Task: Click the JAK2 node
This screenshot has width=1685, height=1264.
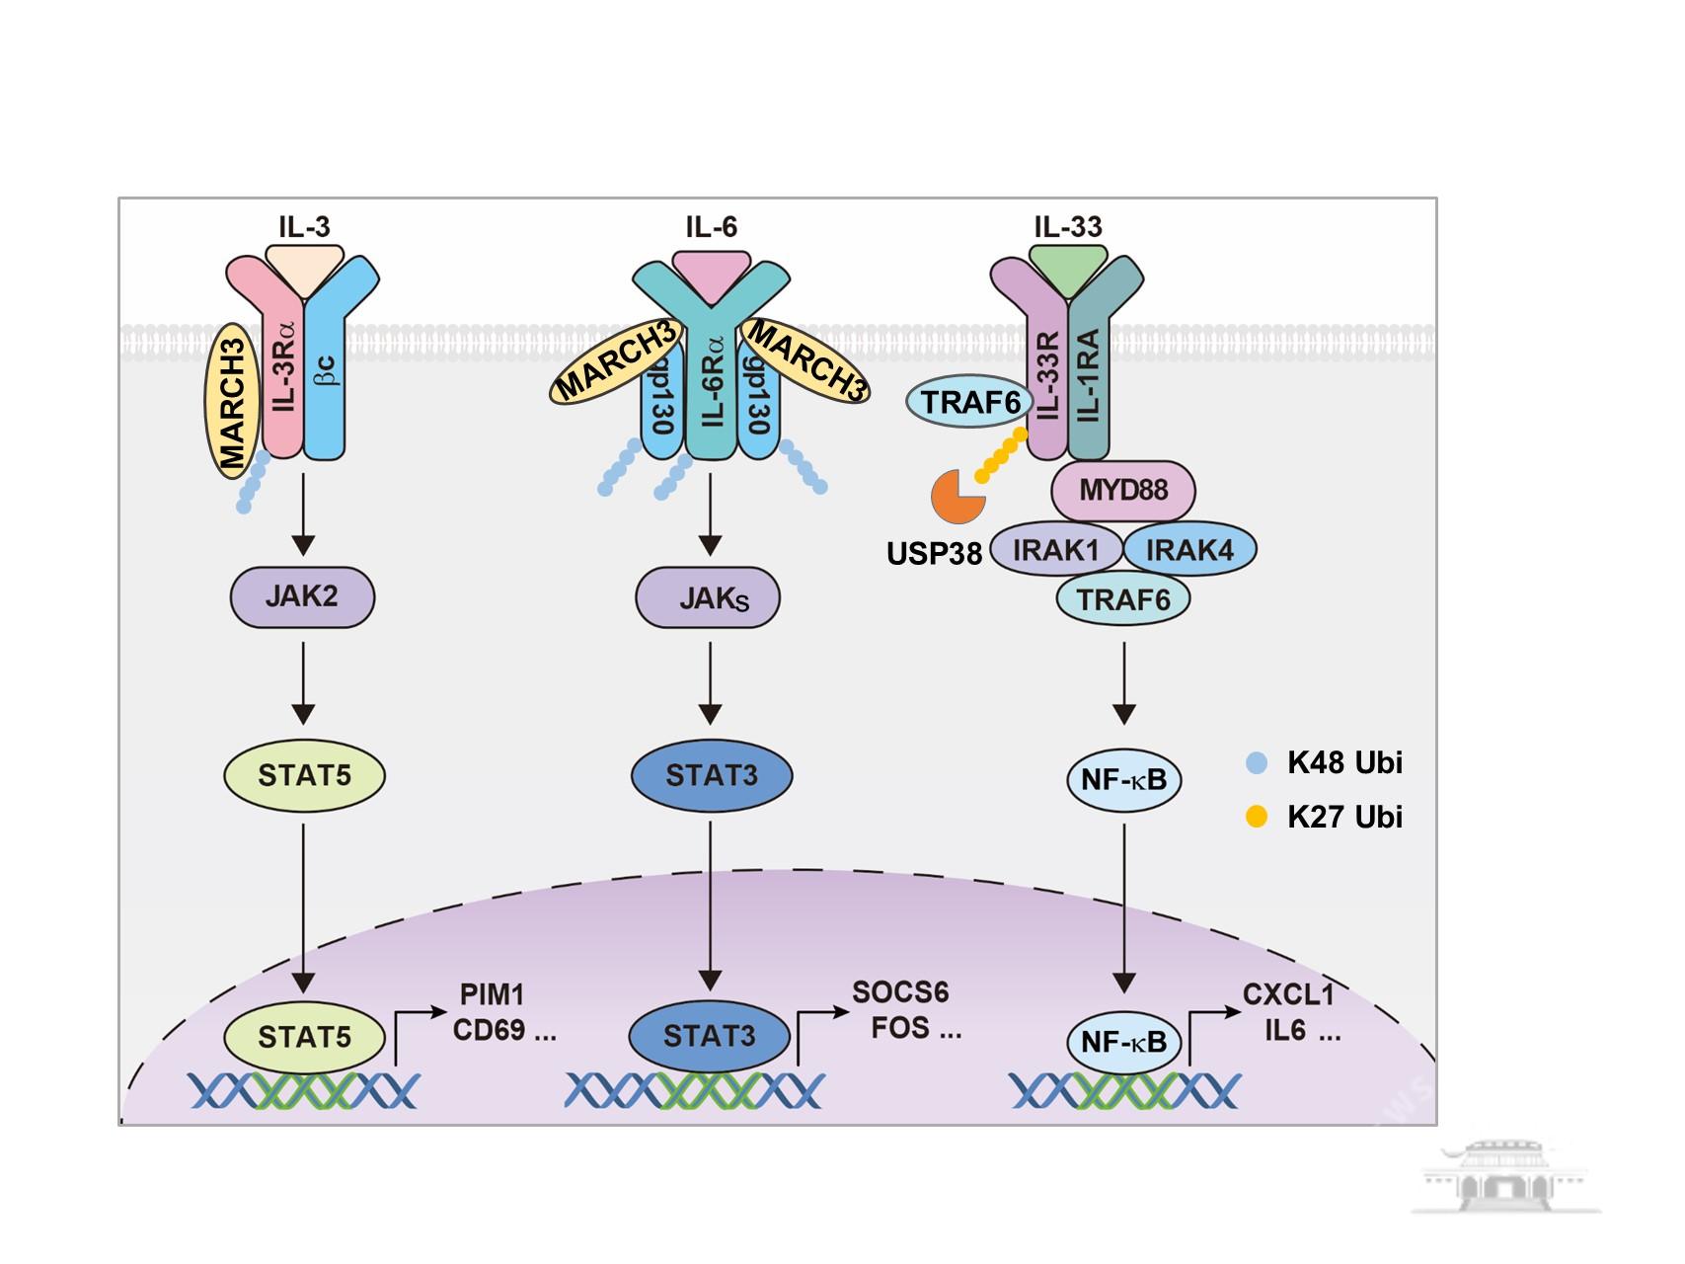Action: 302,596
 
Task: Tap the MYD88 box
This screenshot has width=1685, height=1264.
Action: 1123,491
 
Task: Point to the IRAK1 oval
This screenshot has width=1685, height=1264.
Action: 1056,550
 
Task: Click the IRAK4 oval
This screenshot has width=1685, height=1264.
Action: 1189,550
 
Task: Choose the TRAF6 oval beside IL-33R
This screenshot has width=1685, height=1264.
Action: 970,402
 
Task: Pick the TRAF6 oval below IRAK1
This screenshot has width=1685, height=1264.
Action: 1123,598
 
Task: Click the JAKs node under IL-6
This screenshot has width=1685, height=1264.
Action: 708,597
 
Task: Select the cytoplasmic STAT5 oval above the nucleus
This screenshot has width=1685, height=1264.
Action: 304,775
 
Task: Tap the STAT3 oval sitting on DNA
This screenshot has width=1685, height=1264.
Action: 709,1036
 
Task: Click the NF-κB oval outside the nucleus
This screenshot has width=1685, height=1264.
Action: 1123,780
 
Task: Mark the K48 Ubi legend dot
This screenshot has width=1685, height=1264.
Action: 1257,762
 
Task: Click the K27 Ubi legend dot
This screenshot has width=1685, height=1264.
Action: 1257,817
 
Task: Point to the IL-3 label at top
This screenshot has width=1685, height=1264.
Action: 304,227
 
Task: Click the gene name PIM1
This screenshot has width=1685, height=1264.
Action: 492,993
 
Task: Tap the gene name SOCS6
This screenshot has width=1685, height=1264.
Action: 900,991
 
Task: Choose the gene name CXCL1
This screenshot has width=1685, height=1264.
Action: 1288,993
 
